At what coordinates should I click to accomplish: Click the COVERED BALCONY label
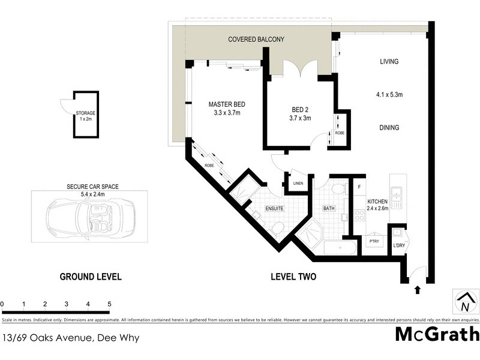256,39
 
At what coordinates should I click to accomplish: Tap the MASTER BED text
227,104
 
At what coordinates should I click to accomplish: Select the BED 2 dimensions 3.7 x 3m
301,118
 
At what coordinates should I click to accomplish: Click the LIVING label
389,62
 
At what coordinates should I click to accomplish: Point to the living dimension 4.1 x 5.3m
389,94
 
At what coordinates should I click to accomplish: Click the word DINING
389,128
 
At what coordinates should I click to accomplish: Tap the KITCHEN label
377,202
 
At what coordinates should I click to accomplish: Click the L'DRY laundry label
400,245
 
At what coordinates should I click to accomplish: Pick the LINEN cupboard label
298,184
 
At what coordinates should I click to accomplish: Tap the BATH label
328,208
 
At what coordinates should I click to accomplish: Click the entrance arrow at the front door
418,290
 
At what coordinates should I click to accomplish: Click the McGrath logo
437,334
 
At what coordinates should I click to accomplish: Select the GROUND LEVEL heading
91,277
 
